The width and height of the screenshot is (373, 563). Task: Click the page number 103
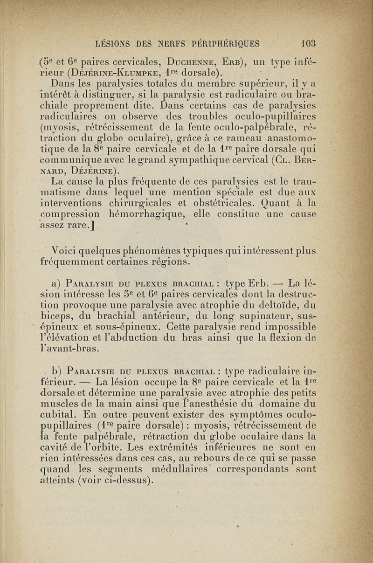click(x=308, y=44)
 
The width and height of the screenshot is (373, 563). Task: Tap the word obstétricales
click(x=221, y=203)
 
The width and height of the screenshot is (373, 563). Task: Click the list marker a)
click(x=57, y=283)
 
